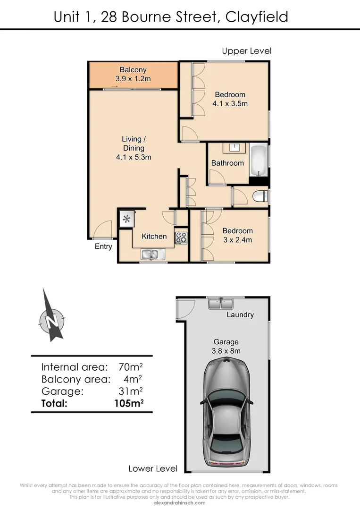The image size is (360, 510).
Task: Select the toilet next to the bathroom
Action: coord(260,196)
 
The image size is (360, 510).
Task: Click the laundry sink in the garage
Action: coord(221,303)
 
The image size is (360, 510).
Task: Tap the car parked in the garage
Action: coord(227,411)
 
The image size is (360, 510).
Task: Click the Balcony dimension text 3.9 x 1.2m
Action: coord(133,79)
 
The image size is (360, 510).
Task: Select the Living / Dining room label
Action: coord(134,144)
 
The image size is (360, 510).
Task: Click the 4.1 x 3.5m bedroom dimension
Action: coord(230,103)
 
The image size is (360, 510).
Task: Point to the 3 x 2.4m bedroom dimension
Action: coord(237,239)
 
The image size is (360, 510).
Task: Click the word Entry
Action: coord(103,246)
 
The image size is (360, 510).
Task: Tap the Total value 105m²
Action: coord(129,403)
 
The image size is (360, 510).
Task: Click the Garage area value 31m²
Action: coord(131,391)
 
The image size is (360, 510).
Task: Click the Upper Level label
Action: coord(247,51)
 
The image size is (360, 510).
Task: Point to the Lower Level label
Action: coord(153,468)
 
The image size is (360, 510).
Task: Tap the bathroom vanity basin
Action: coord(234,148)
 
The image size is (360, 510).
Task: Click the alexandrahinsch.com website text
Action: coord(180,502)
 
